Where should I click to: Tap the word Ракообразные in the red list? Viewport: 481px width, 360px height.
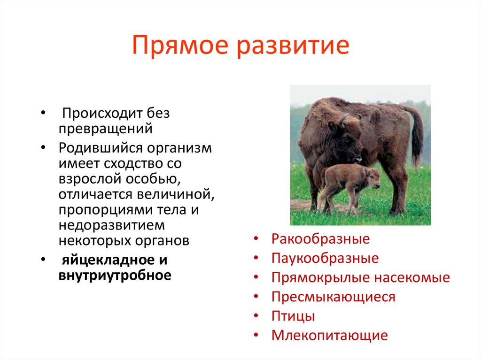click(x=320, y=239)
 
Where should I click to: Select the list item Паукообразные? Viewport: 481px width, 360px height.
click(x=325, y=258)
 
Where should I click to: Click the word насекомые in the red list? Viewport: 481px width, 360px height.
click(x=412, y=277)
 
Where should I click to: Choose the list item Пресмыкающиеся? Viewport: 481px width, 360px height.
click(x=333, y=297)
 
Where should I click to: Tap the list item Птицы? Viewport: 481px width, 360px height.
click(x=293, y=316)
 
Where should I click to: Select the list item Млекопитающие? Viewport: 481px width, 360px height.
click(x=329, y=335)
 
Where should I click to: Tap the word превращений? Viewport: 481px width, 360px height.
click(x=106, y=129)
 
